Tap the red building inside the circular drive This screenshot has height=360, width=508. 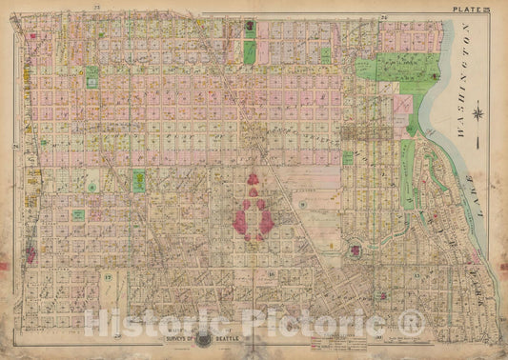[356, 250]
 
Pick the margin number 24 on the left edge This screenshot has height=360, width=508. [16, 146]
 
